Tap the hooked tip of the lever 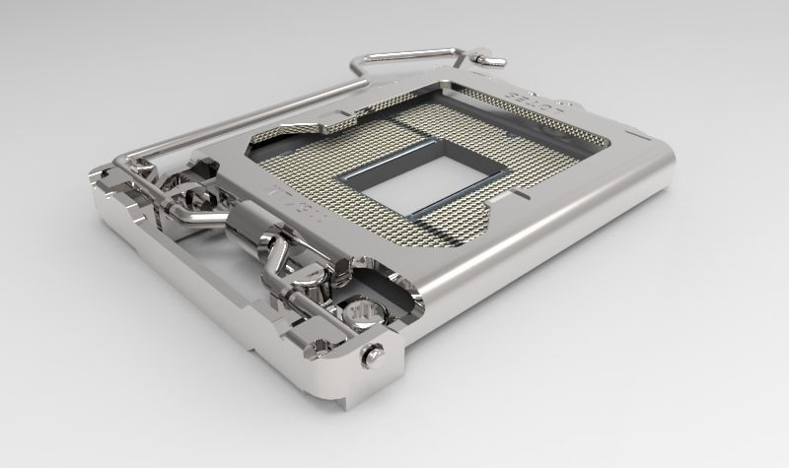(487, 58)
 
